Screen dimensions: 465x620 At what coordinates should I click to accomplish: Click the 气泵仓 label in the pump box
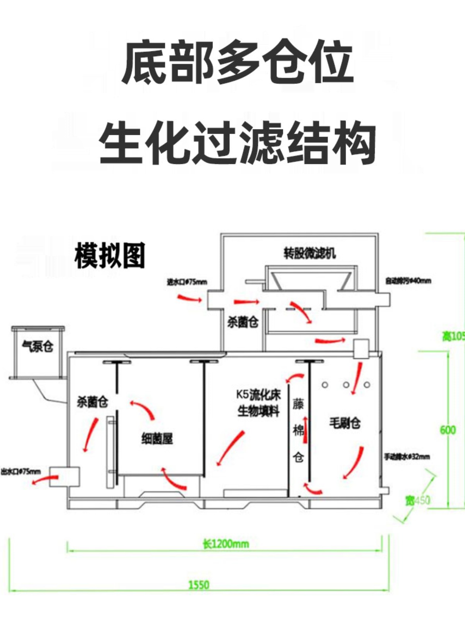point(38,346)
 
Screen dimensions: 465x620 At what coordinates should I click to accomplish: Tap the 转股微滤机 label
point(310,253)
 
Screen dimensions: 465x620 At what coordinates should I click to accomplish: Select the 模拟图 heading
point(110,255)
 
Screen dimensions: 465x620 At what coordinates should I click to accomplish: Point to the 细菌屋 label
point(157,439)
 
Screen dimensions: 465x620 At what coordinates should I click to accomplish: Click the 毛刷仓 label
point(345,423)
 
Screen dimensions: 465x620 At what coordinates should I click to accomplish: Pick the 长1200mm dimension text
point(226,544)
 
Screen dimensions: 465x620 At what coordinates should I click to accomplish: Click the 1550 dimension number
point(198,585)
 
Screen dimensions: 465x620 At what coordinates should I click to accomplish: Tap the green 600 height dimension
point(448,430)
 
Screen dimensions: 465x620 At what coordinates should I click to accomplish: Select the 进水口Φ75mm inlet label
point(187,282)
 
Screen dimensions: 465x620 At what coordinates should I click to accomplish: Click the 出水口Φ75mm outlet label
point(21,472)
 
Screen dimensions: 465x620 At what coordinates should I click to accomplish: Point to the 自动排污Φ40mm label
point(408,281)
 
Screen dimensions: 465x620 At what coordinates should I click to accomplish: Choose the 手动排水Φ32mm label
point(406,457)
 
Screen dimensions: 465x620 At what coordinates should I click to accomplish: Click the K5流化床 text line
point(258,395)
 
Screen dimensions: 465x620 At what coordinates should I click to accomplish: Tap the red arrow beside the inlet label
point(189,298)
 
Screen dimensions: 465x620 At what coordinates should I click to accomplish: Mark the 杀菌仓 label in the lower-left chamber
point(92,402)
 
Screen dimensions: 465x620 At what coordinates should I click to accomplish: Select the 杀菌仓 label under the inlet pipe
point(243,322)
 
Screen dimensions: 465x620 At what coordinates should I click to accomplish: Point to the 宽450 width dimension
point(418,500)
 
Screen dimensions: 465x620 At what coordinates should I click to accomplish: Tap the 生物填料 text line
point(258,411)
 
